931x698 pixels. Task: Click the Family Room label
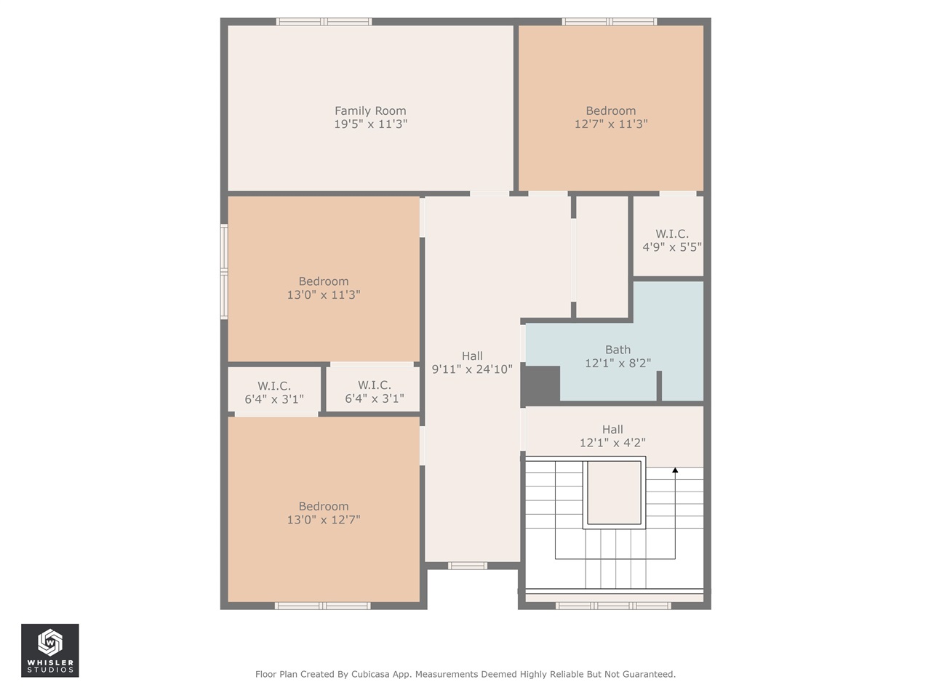(x=370, y=111)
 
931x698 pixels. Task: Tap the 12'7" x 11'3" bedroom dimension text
(x=610, y=124)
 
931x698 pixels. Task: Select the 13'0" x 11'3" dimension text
(x=324, y=295)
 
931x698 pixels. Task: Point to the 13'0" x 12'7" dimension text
(x=324, y=520)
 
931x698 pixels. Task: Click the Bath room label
(x=618, y=350)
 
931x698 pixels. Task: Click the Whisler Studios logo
(x=49, y=650)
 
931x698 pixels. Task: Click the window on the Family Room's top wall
(x=324, y=22)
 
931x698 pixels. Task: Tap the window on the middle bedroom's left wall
(x=224, y=272)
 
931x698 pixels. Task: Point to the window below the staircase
(x=613, y=605)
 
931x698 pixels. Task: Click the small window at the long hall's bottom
(x=467, y=565)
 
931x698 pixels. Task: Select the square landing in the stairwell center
(x=614, y=492)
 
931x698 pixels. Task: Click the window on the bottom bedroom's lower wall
(x=323, y=605)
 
